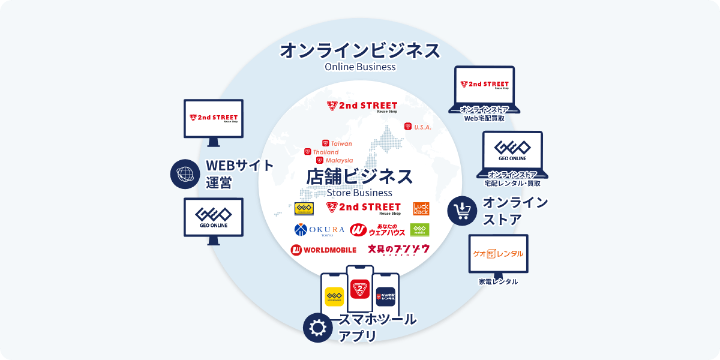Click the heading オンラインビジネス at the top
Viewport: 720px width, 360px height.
point(360,50)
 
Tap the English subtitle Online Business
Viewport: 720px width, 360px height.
point(360,67)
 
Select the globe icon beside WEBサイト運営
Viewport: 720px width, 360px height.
point(185,174)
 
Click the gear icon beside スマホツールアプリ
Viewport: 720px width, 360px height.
point(318,327)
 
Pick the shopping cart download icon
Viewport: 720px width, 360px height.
point(463,211)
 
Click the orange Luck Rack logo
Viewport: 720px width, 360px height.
point(421,208)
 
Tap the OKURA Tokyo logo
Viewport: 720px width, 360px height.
point(319,230)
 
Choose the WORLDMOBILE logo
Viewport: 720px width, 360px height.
point(323,249)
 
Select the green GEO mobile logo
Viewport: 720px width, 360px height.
point(419,230)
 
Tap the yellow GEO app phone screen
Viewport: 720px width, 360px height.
point(334,296)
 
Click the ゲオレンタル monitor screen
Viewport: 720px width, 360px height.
point(498,254)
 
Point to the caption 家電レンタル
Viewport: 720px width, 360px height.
point(498,281)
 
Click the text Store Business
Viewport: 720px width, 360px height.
point(359,193)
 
